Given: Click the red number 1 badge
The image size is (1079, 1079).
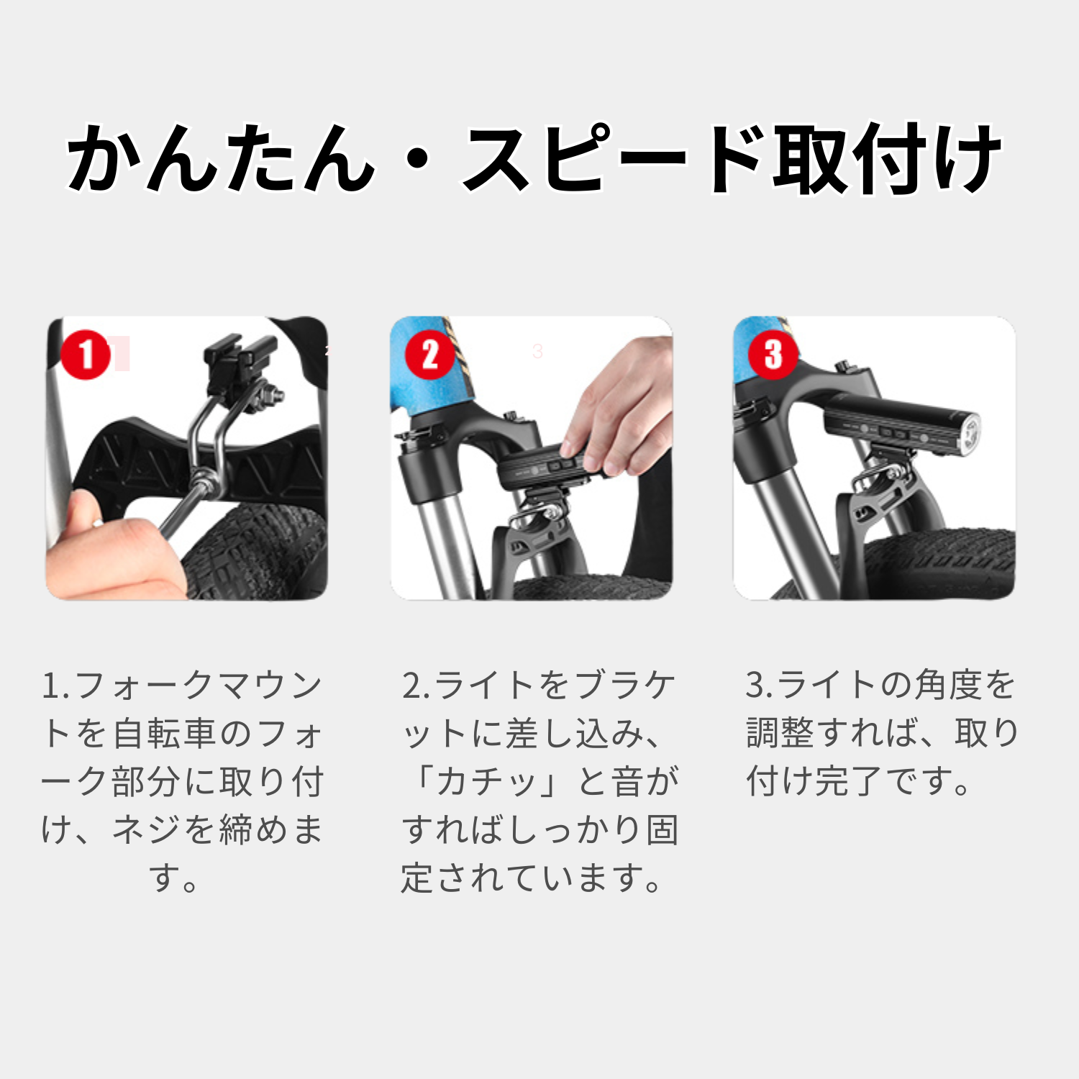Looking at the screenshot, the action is (x=86, y=355).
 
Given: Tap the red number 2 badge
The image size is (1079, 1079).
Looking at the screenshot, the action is (x=429, y=355).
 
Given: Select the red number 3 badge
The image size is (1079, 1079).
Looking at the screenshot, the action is (x=773, y=355).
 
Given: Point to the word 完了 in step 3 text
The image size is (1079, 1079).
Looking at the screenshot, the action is (x=852, y=782).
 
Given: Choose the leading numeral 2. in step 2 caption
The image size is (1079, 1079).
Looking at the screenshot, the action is (x=416, y=686).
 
